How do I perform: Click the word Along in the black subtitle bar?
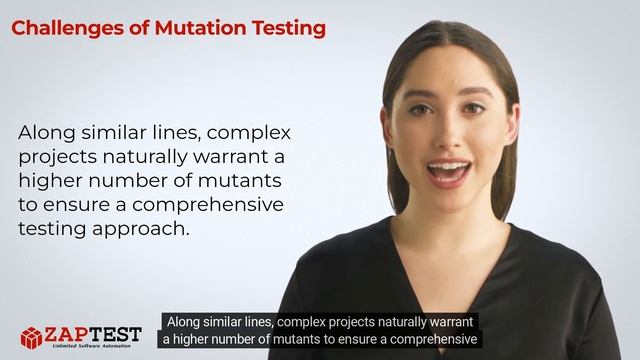click(187, 322)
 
